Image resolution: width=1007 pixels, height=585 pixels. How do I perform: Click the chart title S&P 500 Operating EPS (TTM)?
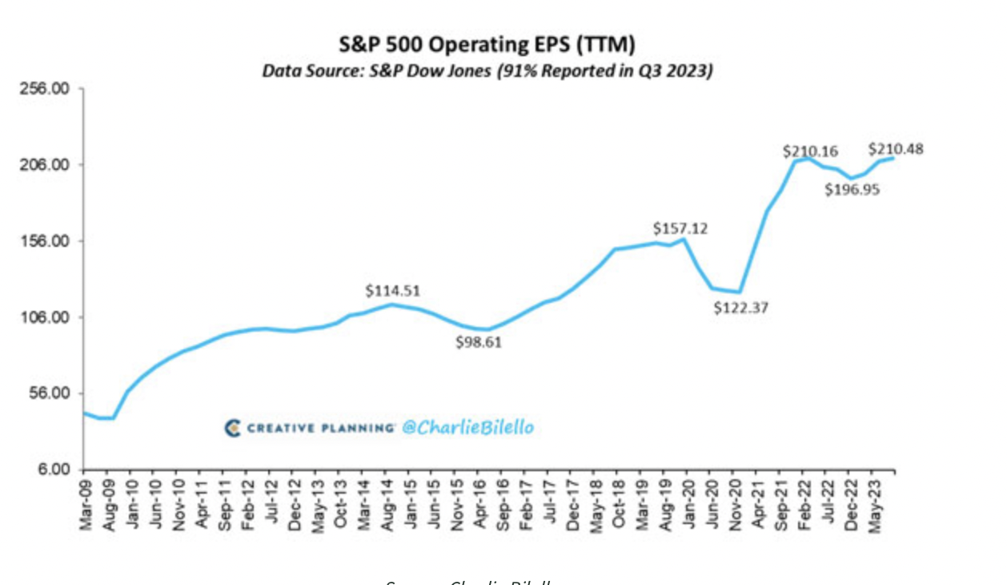pyautogui.click(x=487, y=44)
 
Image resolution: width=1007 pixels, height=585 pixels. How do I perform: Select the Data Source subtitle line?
pyautogui.click(x=487, y=71)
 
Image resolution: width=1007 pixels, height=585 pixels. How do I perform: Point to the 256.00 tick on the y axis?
pyautogui.click(x=45, y=88)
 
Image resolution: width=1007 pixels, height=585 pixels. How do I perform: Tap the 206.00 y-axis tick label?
pyautogui.click(x=45, y=165)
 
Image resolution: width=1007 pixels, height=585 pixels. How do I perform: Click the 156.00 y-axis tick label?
pyautogui.click(x=45, y=241)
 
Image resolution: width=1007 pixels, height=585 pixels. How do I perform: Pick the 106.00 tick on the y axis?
pyautogui.click(x=45, y=317)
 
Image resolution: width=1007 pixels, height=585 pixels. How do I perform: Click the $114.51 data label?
pyautogui.click(x=393, y=291)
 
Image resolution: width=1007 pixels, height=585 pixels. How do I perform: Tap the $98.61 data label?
pyautogui.click(x=483, y=343)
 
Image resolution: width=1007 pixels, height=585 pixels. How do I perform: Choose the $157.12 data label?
pyautogui.click(x=680, y=228)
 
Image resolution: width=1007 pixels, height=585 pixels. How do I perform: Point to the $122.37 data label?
pyautogui.click(x=741, y=307)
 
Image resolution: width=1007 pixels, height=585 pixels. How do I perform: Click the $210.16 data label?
pyautogui.click(x=810, y=151)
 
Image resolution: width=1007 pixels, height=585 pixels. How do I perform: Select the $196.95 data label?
pyautogui.click(x=853, y=190)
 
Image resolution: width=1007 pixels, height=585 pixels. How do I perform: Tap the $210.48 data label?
pyautogui.click(x=897, y=149)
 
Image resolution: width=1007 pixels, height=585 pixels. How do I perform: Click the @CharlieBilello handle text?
pyautogui.click(x=467, y=428)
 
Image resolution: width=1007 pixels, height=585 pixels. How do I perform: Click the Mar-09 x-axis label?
pyautogui.click(x=87, y=506)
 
